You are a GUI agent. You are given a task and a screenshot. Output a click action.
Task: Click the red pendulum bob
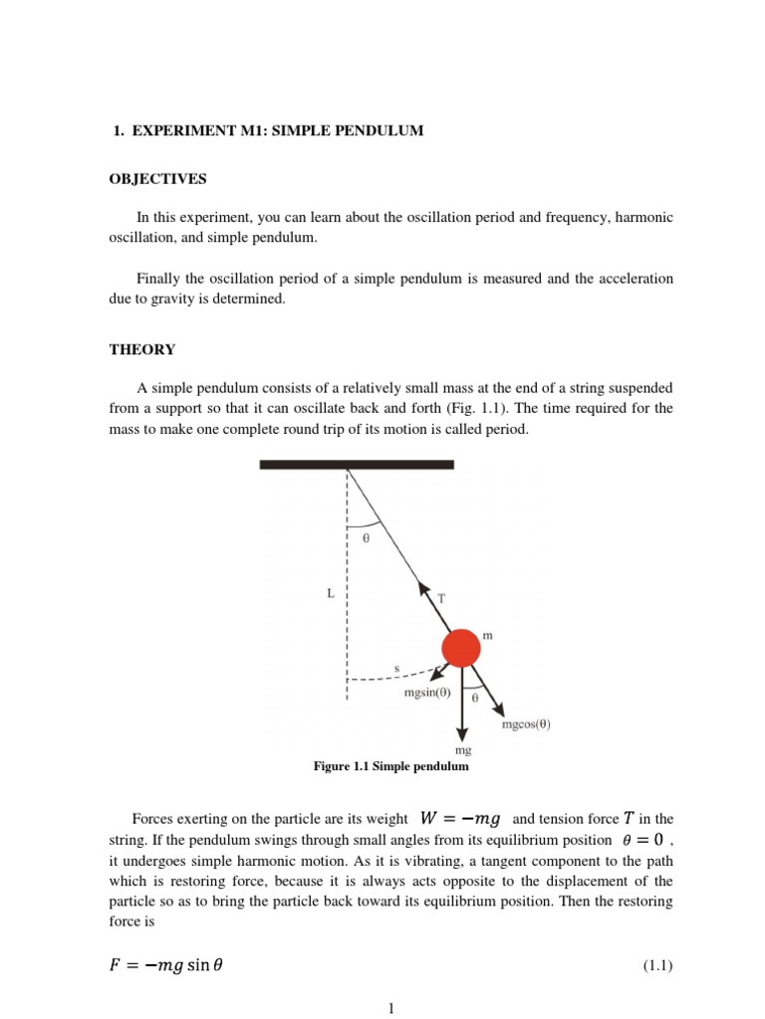click(x=460, y=649)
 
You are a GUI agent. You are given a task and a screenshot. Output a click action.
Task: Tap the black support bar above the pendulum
click(x=357, y=465)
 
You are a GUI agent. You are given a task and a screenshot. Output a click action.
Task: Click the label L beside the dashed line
click(x=331, y=593)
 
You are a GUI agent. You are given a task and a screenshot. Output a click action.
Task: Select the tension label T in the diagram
click(x=441, y=599)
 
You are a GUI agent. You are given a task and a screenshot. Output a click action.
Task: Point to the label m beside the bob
click(x=488, y=634)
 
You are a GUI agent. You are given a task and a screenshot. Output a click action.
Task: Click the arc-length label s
click(x=396, y=668)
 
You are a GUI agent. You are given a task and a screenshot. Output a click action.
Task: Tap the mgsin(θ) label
click(x=427, y=693)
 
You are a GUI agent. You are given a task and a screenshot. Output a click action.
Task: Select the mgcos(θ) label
click(x=525, y=724)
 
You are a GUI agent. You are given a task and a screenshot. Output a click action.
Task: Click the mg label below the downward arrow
click(x=462, y=750)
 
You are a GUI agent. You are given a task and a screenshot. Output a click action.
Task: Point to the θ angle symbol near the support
click(x=366, y=537)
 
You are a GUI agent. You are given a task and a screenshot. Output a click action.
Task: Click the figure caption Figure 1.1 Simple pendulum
click(x=390, y=767)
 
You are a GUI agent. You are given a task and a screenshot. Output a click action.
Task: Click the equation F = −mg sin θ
click(x=167, y=964)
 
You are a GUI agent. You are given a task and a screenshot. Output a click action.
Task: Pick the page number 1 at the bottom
click(x=392, y=1008)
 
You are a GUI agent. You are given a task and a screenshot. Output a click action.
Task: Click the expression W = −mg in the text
click(x=459, y=819)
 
